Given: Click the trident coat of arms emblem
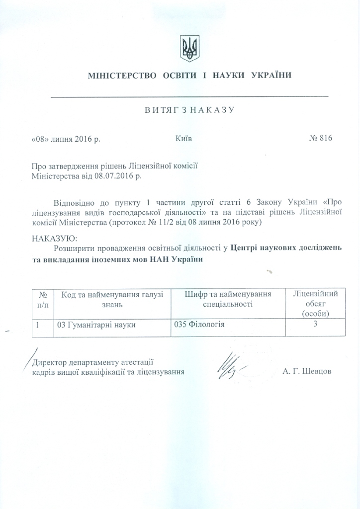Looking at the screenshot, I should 189,49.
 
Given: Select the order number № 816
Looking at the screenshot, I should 320,139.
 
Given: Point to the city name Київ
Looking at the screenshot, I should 183,139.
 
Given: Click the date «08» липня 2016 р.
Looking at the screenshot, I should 66,139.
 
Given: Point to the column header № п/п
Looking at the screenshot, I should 43,299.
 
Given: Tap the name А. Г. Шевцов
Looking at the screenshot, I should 306,372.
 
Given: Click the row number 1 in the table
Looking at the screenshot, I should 38,325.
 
